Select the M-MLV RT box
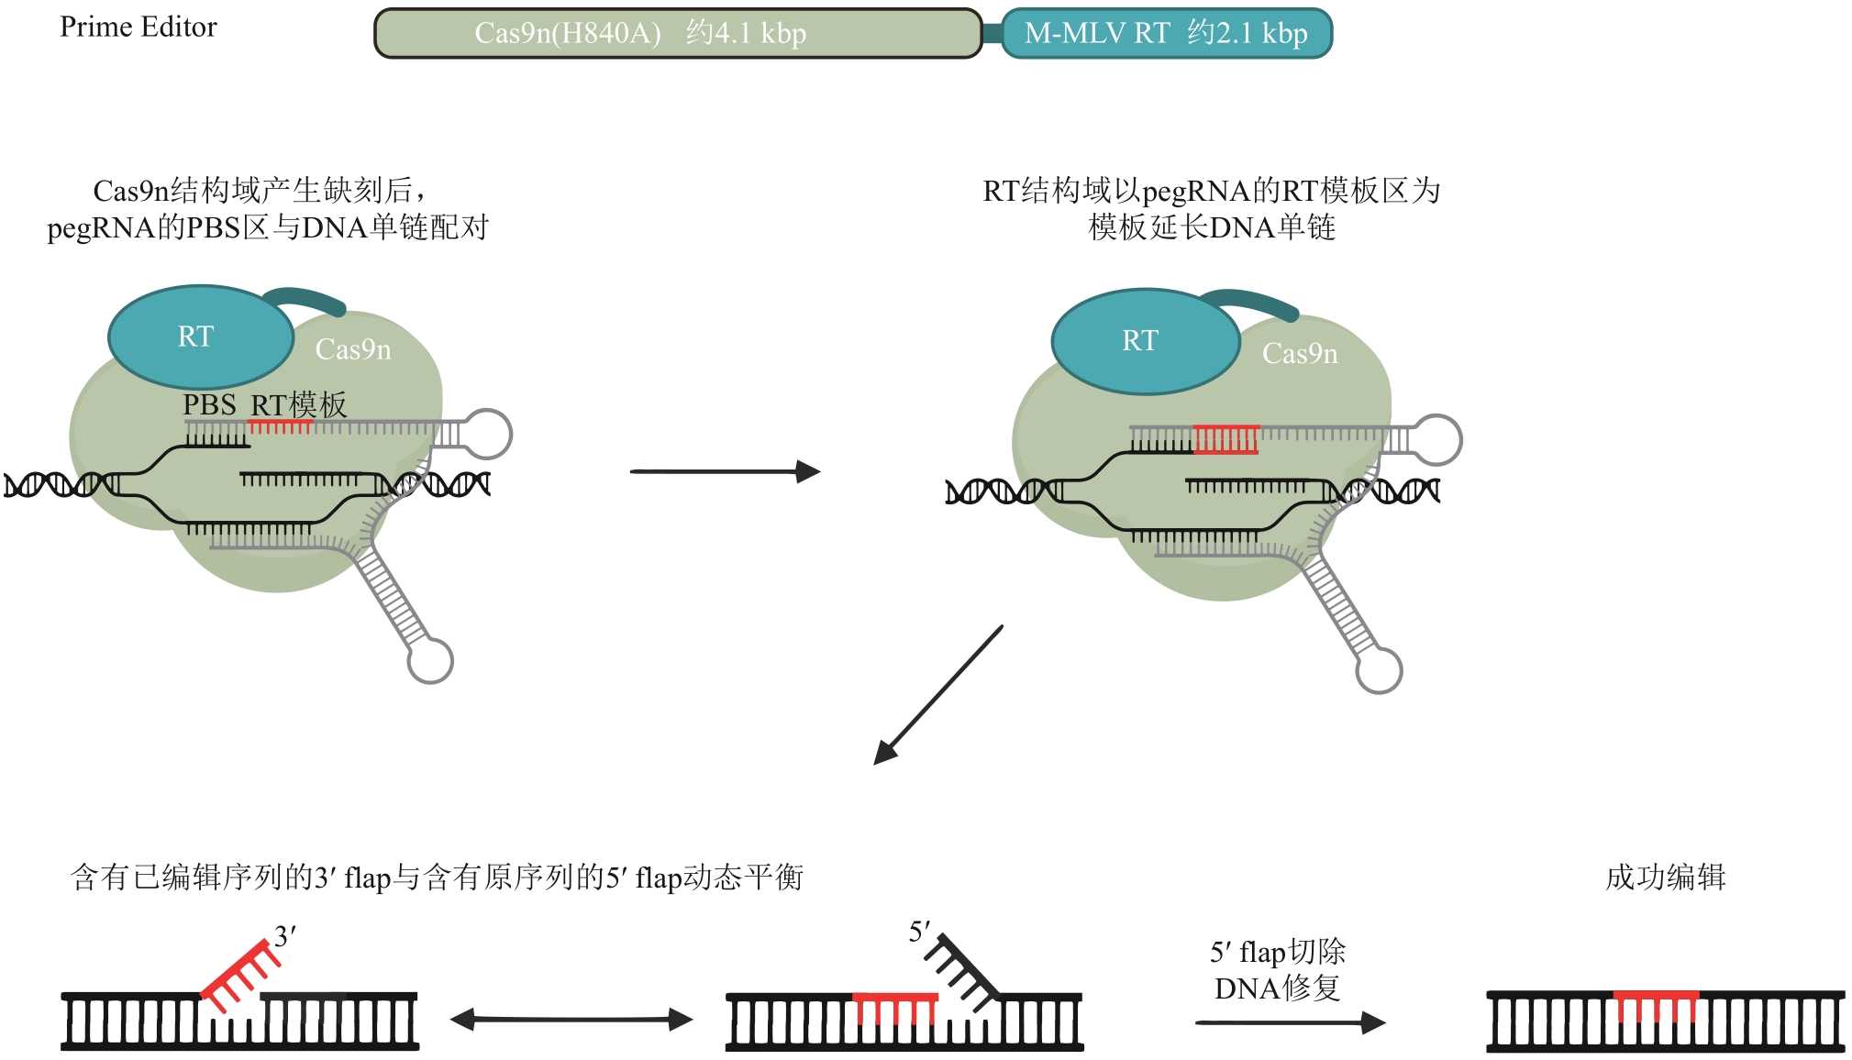1166,34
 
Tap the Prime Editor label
139,28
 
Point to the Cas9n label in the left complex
353,349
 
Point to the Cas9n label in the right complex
1300,353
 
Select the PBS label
209,404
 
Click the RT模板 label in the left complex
299,404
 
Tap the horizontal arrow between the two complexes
725,471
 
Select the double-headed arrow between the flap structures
571,1019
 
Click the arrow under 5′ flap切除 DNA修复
1290,1021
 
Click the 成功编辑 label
1665,878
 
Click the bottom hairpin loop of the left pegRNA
430,661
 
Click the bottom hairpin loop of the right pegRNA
1379,671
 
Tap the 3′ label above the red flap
285,936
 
